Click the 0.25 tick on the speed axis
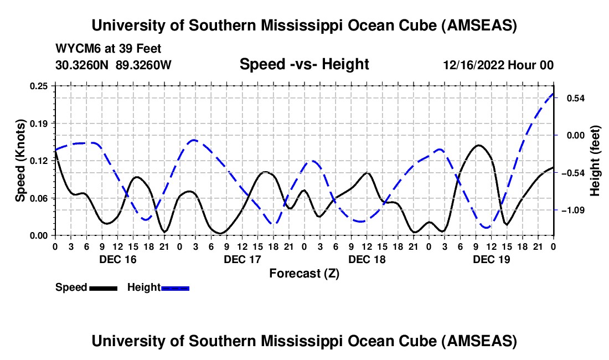[40, 86]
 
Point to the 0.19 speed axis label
[40, 123]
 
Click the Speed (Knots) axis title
[20, 161]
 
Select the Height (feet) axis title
[595, 161]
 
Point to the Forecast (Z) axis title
[304, 274]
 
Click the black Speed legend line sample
[103, 288]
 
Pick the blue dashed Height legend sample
[176, 288]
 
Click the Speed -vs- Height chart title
[304, 64]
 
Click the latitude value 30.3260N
[83, 65]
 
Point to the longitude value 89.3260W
[144, 65]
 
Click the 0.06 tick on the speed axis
[40, 198]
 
